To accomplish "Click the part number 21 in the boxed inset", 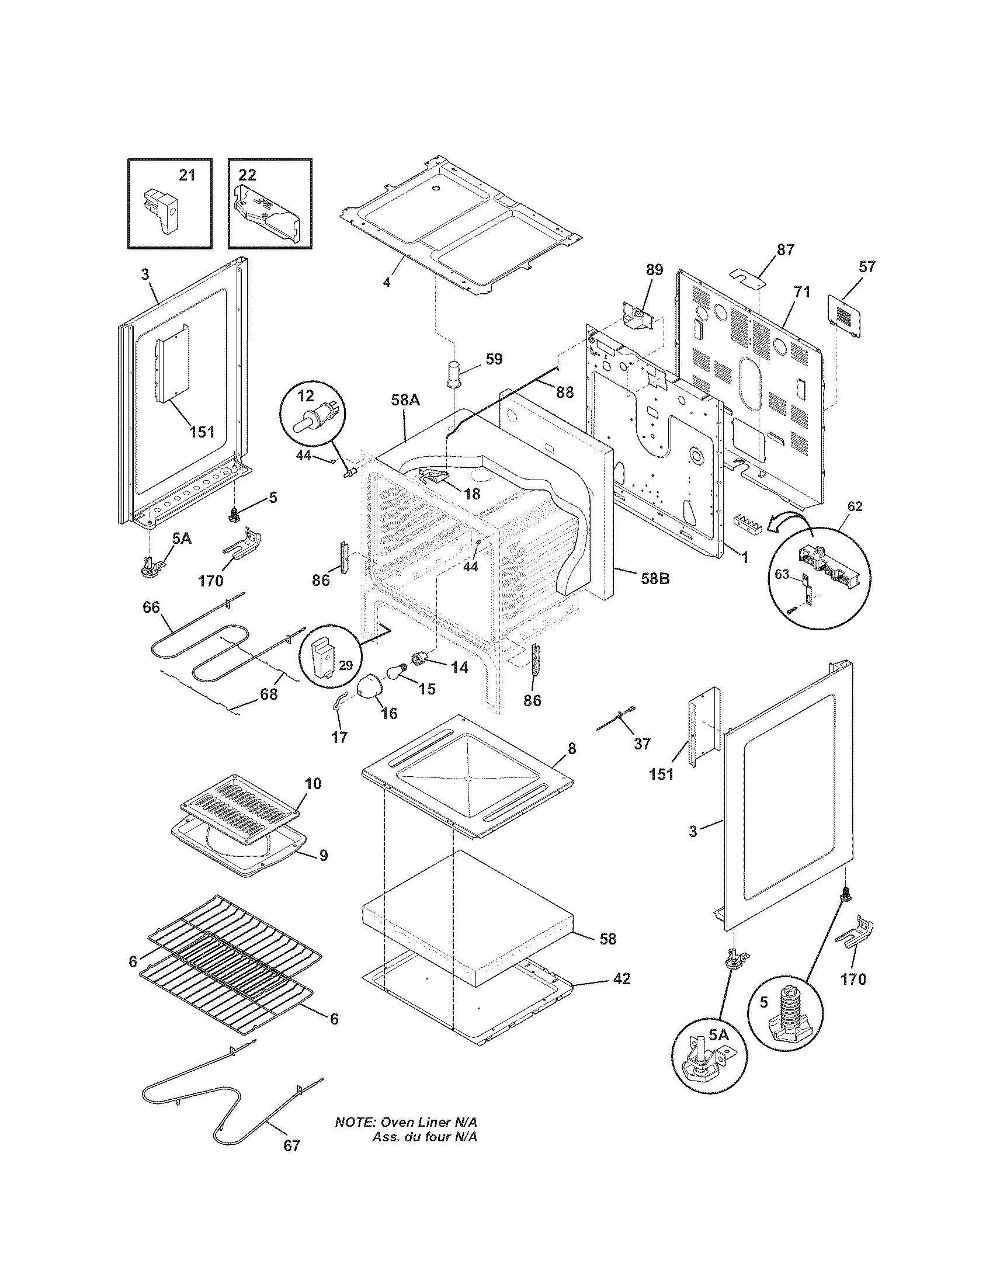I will pos(186,175).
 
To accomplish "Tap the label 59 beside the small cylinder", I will pos(494,358).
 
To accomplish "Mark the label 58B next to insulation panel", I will pos(655,578).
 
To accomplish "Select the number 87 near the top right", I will pos(785,249).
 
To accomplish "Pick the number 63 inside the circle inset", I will pos(782,574).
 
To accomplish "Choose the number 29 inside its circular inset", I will pos(346,665).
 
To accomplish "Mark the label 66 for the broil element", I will pos(151,607).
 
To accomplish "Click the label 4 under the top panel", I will pos(386,282).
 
